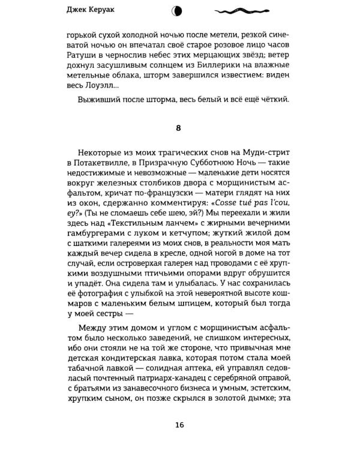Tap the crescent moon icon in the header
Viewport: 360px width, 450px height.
(177, 10)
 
